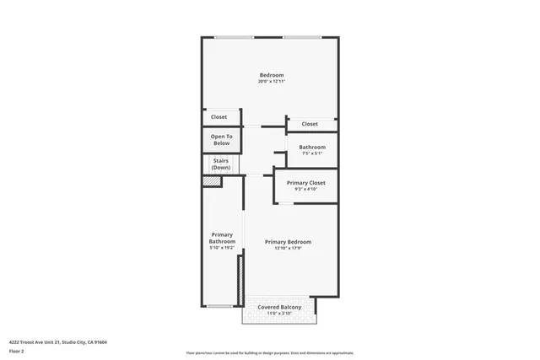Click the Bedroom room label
pos(271,74)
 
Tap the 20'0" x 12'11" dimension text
pos(271,81)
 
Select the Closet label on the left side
pos(219,117)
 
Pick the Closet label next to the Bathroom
pos(310,124)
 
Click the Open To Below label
pos(221,140)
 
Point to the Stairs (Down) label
pos(221,164)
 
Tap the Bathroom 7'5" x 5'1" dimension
pos(311,153)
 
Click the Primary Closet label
pos(305,182)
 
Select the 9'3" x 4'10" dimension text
pos(305,189)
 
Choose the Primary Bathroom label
pos(221,239)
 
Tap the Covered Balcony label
pos(279,307)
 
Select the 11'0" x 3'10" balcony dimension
pos(279,314)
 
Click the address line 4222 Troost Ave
pos(58,342)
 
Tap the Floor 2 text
pos(16,351)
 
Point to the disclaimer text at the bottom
pos(270,353)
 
